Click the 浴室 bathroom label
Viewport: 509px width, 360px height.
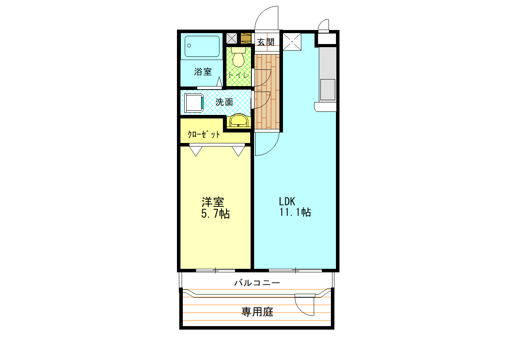click(203, 72)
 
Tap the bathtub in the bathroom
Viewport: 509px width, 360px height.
click(201, 47)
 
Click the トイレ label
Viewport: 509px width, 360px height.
click(238, 76)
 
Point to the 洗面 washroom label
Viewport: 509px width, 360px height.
click(224, 102)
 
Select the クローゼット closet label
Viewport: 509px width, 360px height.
click(204, 135)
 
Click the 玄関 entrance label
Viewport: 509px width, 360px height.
click(266, 42)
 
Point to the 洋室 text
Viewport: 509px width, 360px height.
click(213, 202)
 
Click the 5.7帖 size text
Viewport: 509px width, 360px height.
click(215, 214)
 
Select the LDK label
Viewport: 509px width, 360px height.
click(287, 201)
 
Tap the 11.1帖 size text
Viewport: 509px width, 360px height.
click(295, 212)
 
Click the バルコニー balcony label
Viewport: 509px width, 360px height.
click(257, 283)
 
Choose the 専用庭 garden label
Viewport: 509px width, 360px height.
click(257, 312)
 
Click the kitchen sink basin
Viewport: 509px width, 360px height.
click(327, 88)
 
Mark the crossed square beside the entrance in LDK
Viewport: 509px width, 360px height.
click(292, 42)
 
